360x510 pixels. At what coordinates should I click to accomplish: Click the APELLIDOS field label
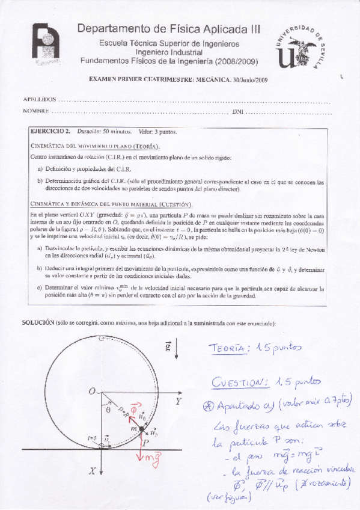coord(40,99)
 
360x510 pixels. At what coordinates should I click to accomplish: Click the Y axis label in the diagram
coord(178,400)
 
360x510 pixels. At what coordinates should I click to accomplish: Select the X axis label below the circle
coord(93,473)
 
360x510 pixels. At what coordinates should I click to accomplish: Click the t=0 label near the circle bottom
coord(92,438)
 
